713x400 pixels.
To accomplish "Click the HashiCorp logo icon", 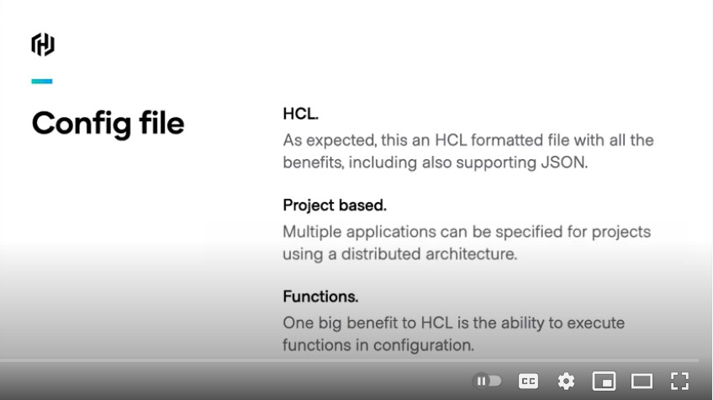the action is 43,45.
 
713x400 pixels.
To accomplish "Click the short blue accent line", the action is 42,82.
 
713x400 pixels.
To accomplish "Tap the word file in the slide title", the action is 161,123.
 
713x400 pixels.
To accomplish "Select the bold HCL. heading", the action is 300,114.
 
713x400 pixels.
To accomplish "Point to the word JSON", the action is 564,163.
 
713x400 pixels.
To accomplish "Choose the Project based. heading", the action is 335,205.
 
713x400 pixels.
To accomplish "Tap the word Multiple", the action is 312,232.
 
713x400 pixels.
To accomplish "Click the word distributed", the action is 381,254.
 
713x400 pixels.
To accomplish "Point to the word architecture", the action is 472,254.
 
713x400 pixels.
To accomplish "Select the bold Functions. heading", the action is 320,296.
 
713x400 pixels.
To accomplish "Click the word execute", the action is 595,323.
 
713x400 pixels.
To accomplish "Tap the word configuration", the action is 424,346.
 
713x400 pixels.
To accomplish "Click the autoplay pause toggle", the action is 487,381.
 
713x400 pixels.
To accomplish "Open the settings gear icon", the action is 566,381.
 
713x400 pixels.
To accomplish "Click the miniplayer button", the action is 604,381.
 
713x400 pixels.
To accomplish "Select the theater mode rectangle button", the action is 642,381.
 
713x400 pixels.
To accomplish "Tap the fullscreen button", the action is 680,381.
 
